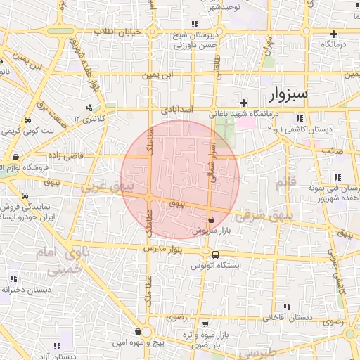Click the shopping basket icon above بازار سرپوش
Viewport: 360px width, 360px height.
click(x=211, y=220)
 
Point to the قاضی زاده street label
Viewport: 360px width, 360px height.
click(x=66, y=155)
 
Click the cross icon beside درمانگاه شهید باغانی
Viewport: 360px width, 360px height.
click(x=244, y=103)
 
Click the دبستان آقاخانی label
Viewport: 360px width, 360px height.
click(x=288, y=317)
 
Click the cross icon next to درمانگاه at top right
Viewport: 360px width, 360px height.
click(x=334, y=34)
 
